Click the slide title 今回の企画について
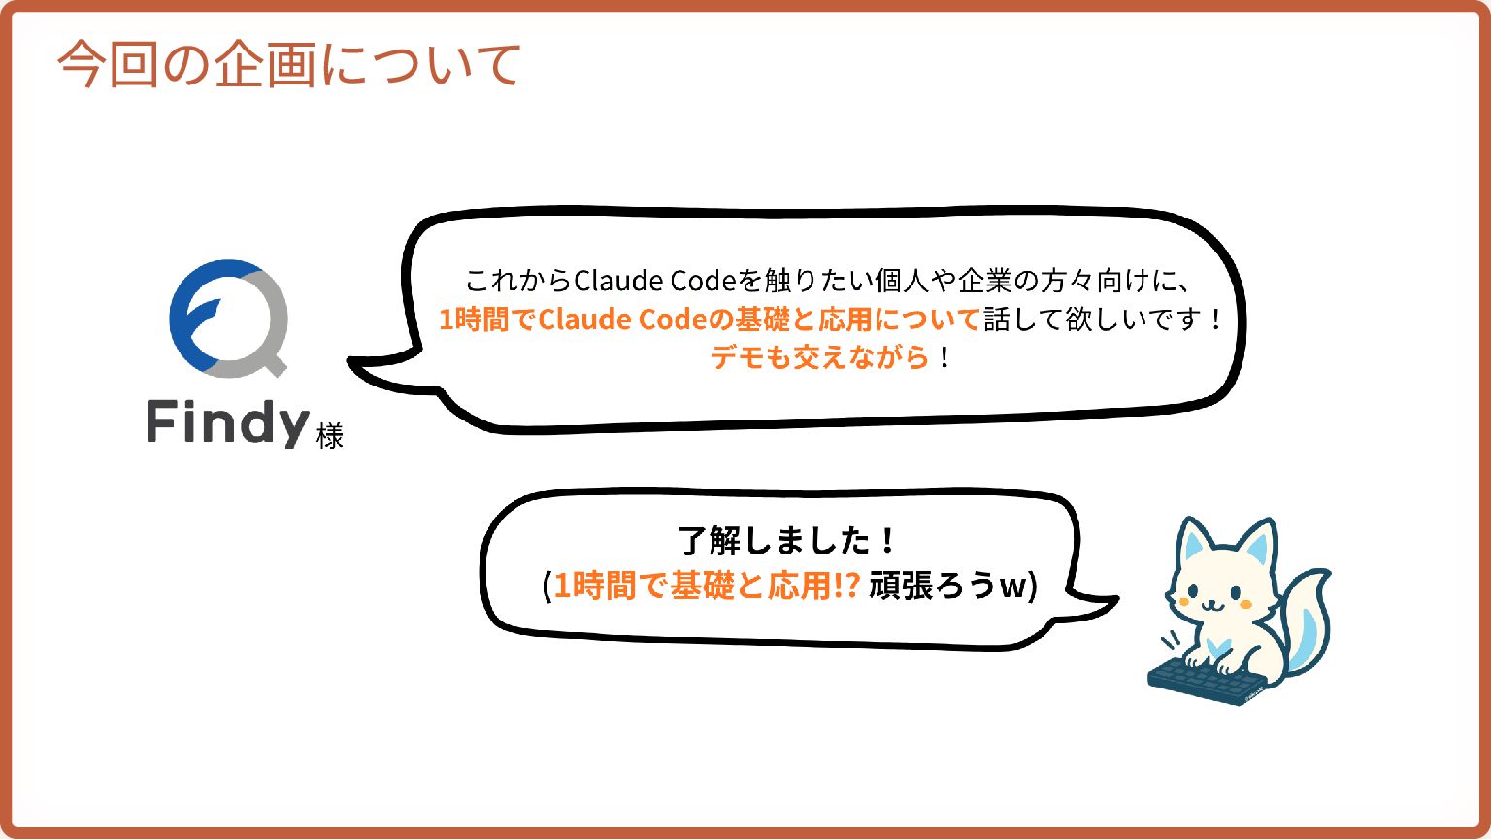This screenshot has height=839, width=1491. coord(289,65)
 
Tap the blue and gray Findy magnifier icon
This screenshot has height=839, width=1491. coord(229,318)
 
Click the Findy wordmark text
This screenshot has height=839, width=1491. coord(228,424)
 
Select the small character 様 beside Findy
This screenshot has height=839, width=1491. coord(330,436)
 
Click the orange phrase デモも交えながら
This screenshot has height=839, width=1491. coord(820,357)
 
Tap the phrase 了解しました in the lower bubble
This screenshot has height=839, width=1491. coord(776,540)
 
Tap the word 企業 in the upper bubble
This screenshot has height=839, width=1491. coord(984,281)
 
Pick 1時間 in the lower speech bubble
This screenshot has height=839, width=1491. coord(593,586)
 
